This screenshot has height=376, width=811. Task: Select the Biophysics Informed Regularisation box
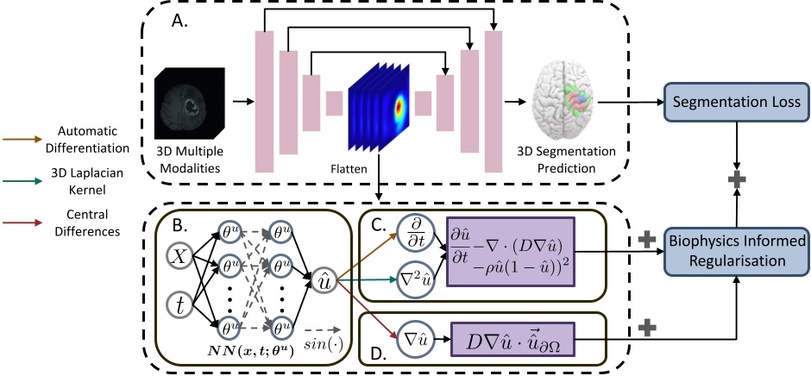click(x=736, y=250)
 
